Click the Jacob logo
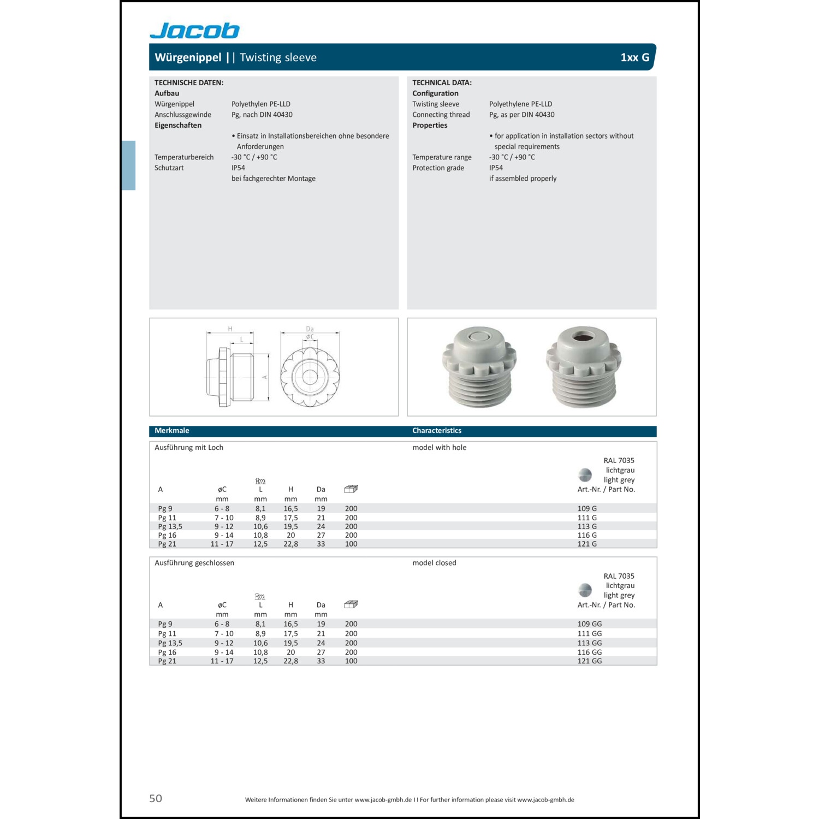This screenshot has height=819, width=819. tap(194, 31)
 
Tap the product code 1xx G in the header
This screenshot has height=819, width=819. tap(634, 57)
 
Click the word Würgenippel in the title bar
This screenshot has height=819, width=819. tap(188, 57)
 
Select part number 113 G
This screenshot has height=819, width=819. tap(587, 526)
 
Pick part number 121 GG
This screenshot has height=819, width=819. tap(589, 661)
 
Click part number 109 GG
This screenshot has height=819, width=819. tap(589, 624)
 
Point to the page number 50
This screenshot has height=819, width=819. tap(156, 798)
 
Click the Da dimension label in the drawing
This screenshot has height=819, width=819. tap(310, 329)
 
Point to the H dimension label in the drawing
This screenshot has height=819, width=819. tap(230, 329)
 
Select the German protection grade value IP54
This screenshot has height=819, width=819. tap(238, 168)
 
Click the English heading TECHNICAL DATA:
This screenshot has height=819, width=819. tap(442, 82)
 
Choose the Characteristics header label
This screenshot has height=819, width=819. tap(436, 431)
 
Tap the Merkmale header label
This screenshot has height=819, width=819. tap(171, 431)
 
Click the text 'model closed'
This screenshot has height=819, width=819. tap(434, 563)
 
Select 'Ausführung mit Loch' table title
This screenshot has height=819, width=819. tap(188, 447)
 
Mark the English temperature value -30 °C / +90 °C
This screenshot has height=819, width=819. tap(512, 157)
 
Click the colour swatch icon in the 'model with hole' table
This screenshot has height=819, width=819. tap(585, 474)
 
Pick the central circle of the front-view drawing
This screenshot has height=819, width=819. tap(310, 376)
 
